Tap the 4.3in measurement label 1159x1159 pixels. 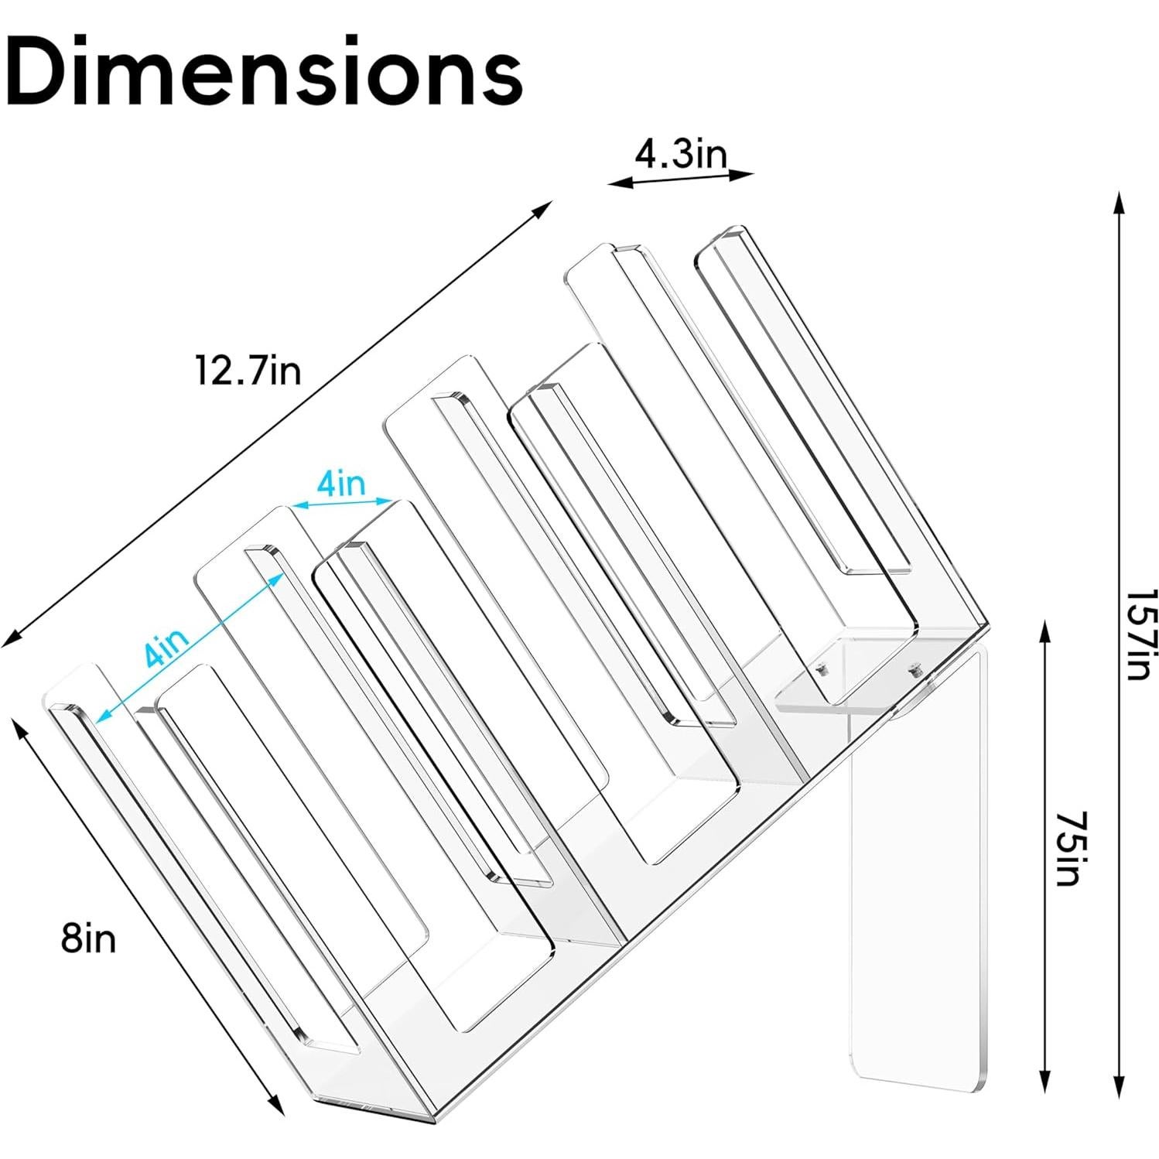click(x=681, y=156)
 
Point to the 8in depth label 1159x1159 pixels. click(x=89, y=938)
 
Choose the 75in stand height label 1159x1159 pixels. click(x=1069, y=849)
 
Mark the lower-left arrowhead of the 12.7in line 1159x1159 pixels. click(x=11, y=641)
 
